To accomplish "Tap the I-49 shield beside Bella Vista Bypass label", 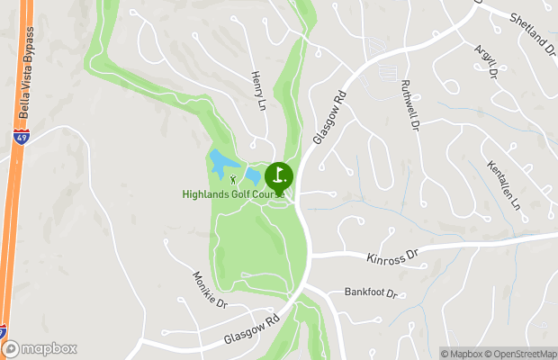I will tap(20, 138).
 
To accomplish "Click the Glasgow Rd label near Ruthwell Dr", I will tap(329, 118).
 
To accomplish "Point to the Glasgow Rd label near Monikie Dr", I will tap(248, 329).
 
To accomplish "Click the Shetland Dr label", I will tap(533, 32).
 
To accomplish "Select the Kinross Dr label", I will tap(394, 256).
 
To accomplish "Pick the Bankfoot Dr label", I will tap(369, 292).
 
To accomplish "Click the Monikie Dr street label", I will tap(211, 290).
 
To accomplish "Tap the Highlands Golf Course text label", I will tap(233, 193).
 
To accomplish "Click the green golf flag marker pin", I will tap(279, 175).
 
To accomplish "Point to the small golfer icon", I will tap(233, 181).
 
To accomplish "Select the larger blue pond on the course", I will tap(220, 163).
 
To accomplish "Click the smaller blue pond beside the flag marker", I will tap(254, 175).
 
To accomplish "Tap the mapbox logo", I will tap(40, 348).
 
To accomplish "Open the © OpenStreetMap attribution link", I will tap(523, 354).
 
